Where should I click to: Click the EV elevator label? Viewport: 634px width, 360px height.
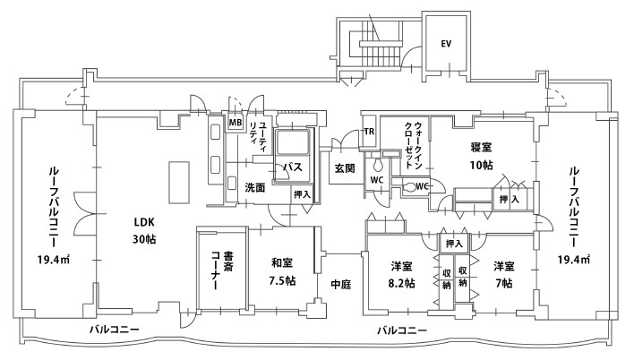[x=445, y=43]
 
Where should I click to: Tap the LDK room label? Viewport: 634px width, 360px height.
[x=144, y=222]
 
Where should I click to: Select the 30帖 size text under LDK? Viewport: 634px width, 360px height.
[x=144, y=240]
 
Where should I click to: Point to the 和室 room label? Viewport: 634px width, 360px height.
[x=283, y=263]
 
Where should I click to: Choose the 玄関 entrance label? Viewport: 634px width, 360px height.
[x=346, y=167]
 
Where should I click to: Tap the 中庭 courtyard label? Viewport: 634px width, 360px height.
[x=340, y=284]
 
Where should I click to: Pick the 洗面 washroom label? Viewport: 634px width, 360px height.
[x=255, y=187]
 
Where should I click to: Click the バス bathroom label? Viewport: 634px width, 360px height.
[x=291, y=167]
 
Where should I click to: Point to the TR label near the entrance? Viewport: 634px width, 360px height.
[x=368, y=133]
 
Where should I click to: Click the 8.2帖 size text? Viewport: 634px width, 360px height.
[x=402, y=283]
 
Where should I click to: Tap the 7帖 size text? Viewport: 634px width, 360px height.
[x=502, y=283]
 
